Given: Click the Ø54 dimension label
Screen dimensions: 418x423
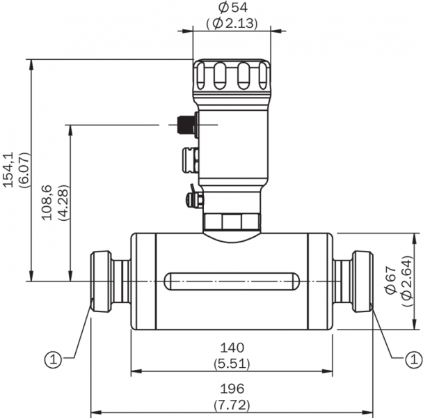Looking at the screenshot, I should click(232, 7).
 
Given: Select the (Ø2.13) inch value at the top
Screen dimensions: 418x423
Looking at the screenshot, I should click(232, 22).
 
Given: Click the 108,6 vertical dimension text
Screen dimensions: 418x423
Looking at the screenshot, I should click(48, 203).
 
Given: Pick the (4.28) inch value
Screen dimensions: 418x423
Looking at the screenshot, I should click(63, 203).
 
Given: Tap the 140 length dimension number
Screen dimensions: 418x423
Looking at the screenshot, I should click(232, 348).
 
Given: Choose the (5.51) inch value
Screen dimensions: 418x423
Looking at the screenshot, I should click(232, 363).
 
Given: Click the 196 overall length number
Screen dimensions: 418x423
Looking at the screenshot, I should click(232, 389).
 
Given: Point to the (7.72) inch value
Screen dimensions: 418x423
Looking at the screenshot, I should click(232, 405).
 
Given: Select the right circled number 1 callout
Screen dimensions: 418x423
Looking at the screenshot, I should click(413, 359).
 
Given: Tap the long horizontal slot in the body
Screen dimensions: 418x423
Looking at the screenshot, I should click(232, 281).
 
